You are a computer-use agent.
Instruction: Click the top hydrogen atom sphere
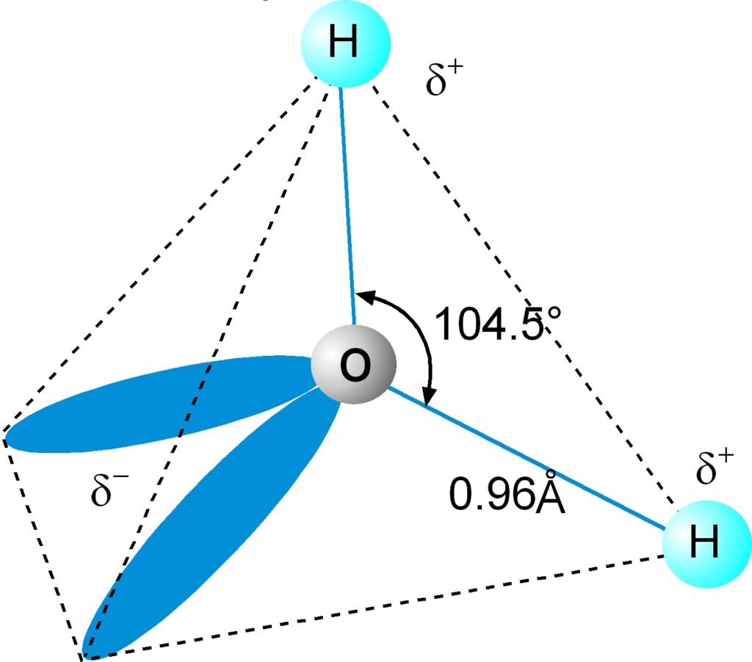pos(344,44)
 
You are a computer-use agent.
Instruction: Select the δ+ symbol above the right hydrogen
pos(715,468)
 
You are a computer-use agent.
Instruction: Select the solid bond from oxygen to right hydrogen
pos(529,459)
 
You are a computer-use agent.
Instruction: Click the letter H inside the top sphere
pos(344,44)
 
